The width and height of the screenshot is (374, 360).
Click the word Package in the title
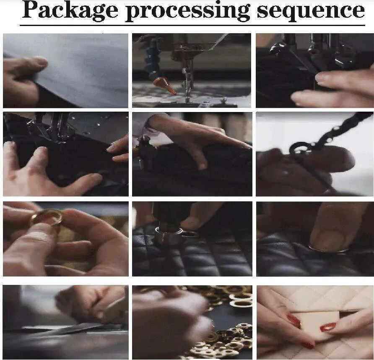70,10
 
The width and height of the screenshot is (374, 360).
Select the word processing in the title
187,11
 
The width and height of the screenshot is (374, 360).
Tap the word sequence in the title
311,11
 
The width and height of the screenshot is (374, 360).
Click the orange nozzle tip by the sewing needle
165,86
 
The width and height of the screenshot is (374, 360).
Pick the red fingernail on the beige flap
328,327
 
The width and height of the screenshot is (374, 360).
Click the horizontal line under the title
192,25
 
